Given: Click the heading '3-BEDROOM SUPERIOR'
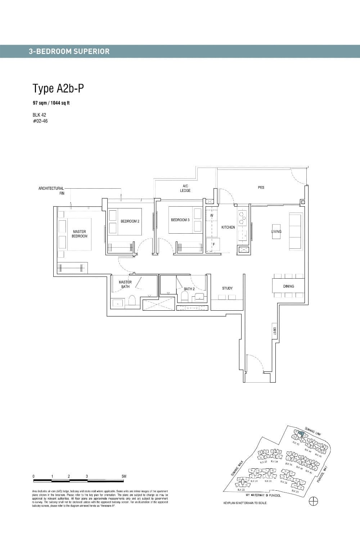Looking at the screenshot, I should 69,51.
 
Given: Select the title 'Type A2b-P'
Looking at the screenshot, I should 59,88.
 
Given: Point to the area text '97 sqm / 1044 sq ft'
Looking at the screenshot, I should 51,103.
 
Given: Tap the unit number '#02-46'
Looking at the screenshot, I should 40,121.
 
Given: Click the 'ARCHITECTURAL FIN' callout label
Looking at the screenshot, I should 51,191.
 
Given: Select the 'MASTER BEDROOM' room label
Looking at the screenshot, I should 80,234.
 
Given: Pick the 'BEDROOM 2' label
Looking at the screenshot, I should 130,221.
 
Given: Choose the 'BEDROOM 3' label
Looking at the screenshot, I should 180,220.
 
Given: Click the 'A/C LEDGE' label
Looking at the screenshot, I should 185,188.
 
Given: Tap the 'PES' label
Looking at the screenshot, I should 261,188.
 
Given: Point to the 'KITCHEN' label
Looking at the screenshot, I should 228,227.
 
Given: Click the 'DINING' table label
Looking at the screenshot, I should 288,286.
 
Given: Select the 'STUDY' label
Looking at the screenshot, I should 227,288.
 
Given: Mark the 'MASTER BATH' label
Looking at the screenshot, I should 125,284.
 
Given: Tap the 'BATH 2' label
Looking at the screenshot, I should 189,289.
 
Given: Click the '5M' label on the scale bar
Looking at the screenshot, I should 124,476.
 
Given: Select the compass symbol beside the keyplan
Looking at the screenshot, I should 313,502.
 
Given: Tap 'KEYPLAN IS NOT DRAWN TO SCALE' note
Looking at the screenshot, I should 245,503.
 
